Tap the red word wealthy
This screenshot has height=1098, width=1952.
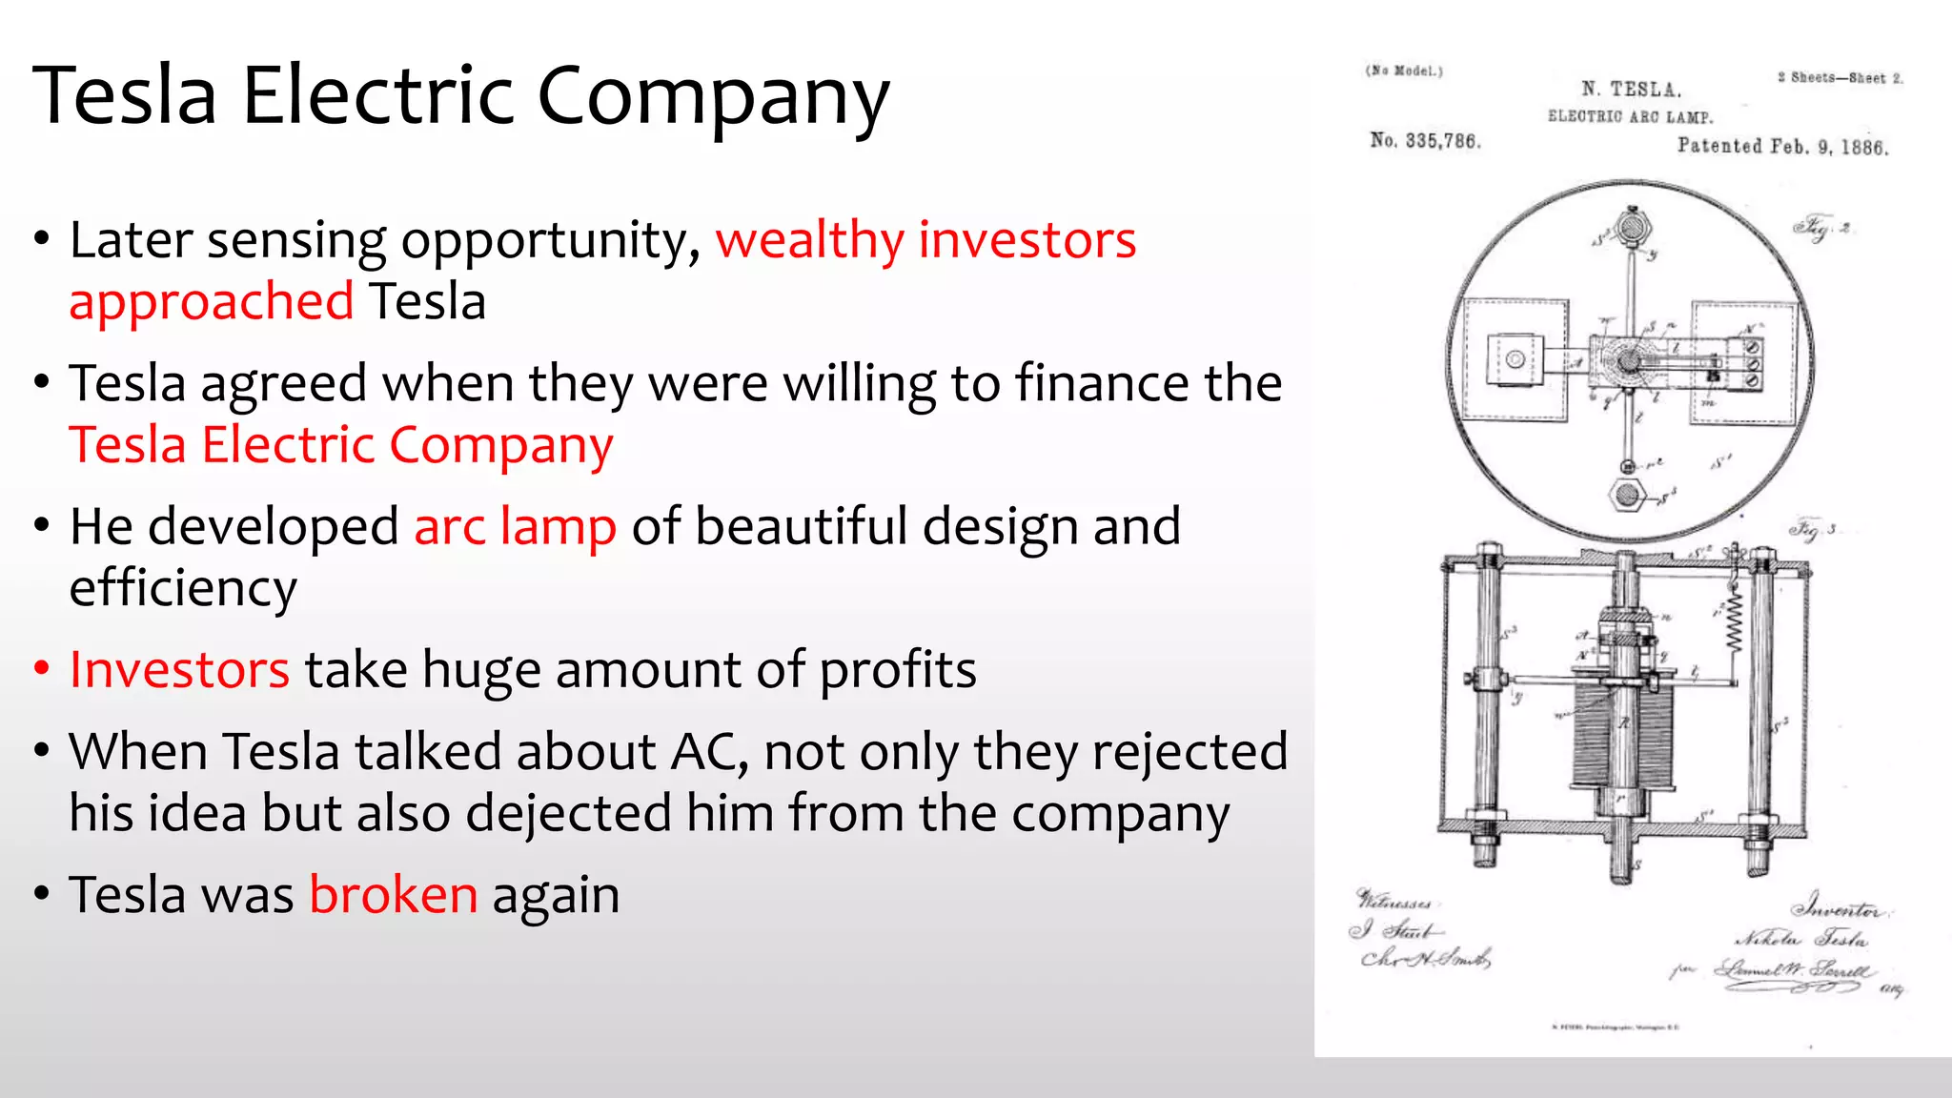click(809, 240)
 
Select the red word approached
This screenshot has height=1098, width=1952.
click(212, 302)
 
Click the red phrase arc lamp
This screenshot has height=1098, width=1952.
click(516, 527)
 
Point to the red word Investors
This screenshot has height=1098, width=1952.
click(179, 670)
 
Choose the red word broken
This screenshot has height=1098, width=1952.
click(393, 895)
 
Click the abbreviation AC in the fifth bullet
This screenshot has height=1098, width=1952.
click(708, 752)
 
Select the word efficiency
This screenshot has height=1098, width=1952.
click(183, 588)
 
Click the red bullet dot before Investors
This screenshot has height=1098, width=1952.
click(41, 668)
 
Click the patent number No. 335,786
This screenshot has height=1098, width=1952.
click(1425, 141)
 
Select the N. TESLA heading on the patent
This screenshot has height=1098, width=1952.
click(1631, 90)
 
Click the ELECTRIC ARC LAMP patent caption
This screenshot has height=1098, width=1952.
click(1630, 116)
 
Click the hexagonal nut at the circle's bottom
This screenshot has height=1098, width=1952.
click(1625, 495)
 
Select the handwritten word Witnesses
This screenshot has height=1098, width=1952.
click(1393, 900)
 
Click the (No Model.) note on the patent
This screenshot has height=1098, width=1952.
click(1404, 71)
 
